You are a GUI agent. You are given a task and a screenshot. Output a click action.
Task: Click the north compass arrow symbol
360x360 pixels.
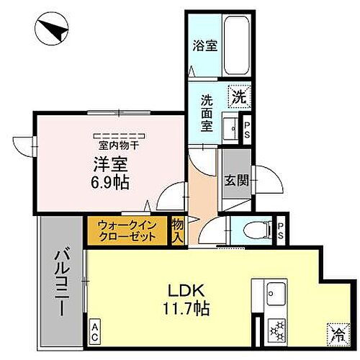(53, 30)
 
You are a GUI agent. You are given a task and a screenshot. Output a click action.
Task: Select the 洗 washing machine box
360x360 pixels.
(237, 94)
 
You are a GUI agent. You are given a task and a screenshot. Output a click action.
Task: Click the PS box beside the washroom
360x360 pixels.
(246, 130)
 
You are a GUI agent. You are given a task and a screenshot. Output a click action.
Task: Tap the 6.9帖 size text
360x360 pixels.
(111, 183)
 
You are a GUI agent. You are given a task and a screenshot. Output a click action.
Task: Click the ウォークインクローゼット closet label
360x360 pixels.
(127, 230)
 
